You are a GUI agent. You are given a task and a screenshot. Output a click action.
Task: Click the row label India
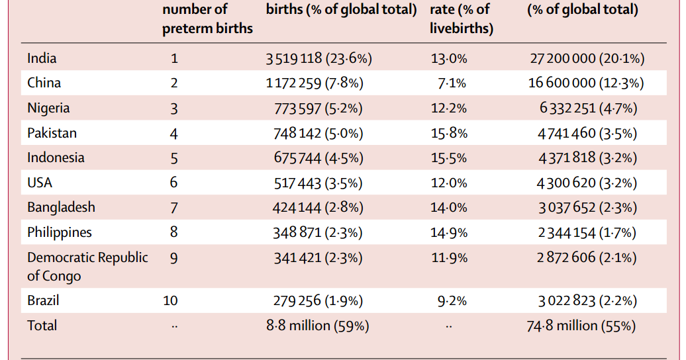click(x=42, y=58)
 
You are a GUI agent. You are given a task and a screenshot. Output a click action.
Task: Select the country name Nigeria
click(x=48, y=108)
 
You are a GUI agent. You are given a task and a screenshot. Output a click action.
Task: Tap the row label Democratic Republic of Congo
click(x=87, y=266)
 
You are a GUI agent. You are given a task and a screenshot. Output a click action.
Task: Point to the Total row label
click(x=42, y=326)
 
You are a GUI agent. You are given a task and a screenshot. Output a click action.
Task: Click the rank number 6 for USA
click(x=174, y=183)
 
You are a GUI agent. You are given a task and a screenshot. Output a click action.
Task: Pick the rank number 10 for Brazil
click(x=170, y=300)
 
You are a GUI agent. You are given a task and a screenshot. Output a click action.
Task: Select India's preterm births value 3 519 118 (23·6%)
click(x=318, y=58)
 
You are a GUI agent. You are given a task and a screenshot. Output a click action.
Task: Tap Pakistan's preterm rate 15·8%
click(x=448, y=133)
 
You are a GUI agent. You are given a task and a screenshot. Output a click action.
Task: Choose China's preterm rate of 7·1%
click(x=452, y=83)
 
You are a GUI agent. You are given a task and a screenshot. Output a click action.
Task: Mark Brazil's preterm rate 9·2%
click(x=452, y=300)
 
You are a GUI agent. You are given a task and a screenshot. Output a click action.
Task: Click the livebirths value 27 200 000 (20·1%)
click(x=587, y=58)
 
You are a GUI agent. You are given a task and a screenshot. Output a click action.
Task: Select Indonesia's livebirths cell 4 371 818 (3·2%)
click(x=587, y=158)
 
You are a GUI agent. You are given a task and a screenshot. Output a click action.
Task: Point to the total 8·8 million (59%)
click(x=317, y=326)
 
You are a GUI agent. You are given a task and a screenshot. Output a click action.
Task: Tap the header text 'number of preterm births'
click(x=207, y=19)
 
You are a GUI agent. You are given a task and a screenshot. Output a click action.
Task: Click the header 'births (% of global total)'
click(x=341, y=10)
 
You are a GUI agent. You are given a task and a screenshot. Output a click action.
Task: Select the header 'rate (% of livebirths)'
click(x=461, y=19)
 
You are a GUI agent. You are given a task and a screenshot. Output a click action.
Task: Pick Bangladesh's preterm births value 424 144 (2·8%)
click(x=318, y=208)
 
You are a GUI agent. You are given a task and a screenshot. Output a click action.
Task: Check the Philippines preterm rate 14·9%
click(x=448, y=232)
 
